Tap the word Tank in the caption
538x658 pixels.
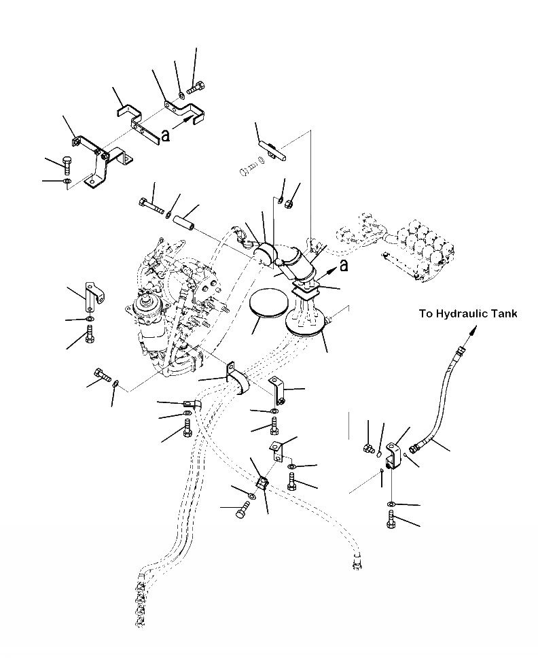[x=504, y=313]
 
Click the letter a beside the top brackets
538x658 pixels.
[x=165, y=135]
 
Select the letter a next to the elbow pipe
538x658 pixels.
[x=344, y=265]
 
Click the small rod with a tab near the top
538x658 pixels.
[x=270, y=148]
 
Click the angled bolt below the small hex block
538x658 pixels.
[x=243, y=511]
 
